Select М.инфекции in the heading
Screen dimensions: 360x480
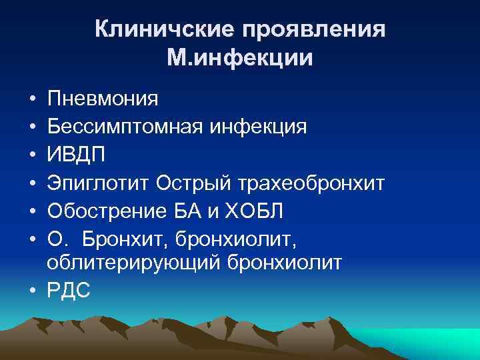(x=240, y=59)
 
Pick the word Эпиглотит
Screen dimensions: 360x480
(x=99, y=182)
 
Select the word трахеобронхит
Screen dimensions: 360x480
(x=309, y=182)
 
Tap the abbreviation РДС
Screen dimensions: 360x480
(x=69, y=291)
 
